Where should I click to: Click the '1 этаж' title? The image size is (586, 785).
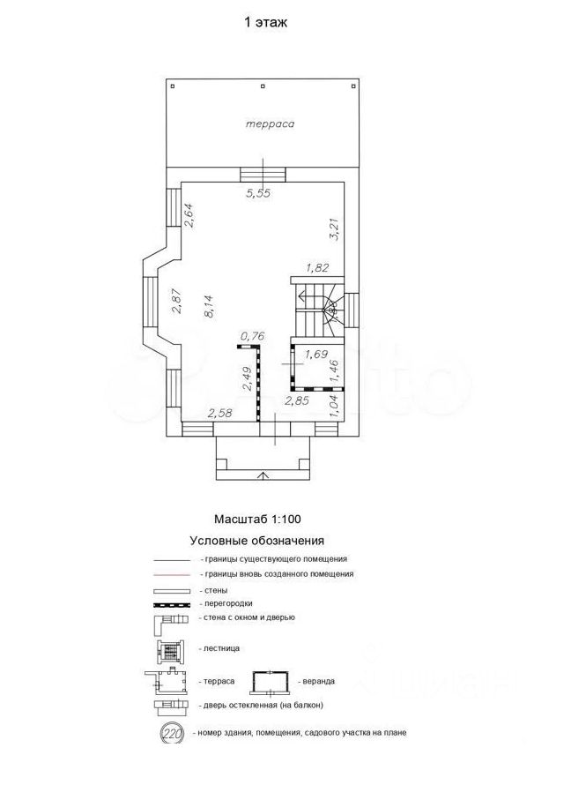pyautogui.click(x=265, y=23)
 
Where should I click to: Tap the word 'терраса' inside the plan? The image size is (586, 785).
pyautogui.click(x=270, y=123)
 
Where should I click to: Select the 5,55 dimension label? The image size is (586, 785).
pyautogui.click(x=258, y=193)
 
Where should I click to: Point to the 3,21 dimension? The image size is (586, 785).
pyautogui.click(x=335, y=229)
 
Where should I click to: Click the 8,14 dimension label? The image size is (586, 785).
pyautogui.click(x=209, y=305)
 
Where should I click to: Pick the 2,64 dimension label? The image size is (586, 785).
pyautogui.click(x=189, y=215)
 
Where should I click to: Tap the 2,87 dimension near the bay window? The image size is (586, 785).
pyautogui.click(x=176, y=302)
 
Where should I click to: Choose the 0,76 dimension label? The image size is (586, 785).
pyautogui.click(x=253, y=336)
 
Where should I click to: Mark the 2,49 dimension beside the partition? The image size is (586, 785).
pyautogui.click(x=247, y=378)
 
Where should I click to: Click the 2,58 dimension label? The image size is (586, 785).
pyautogui.click(x=220, y=414)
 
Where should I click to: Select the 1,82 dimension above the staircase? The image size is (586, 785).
pyautogui.click(x=317, y=268)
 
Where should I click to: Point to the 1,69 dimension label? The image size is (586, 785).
pyautogui.click(x=316, y=355)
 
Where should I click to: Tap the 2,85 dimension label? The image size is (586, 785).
pyautogui.click(x=297, y=400)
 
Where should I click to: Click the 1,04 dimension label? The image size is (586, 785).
pyautogui.click(x=335, y=405)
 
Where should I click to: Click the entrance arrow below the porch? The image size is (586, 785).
pyautogui.click(x=263, y=475)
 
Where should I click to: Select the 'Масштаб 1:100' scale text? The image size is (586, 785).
pyautogui.click(x=257, y=520)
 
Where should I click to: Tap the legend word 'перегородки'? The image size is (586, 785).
pyautogui.click(x=228, y=604)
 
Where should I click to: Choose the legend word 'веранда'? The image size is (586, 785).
pyautogui.click(x=318, y=682)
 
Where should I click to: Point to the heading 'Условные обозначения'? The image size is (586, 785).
pyautogui.click(x=257, y=542)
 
